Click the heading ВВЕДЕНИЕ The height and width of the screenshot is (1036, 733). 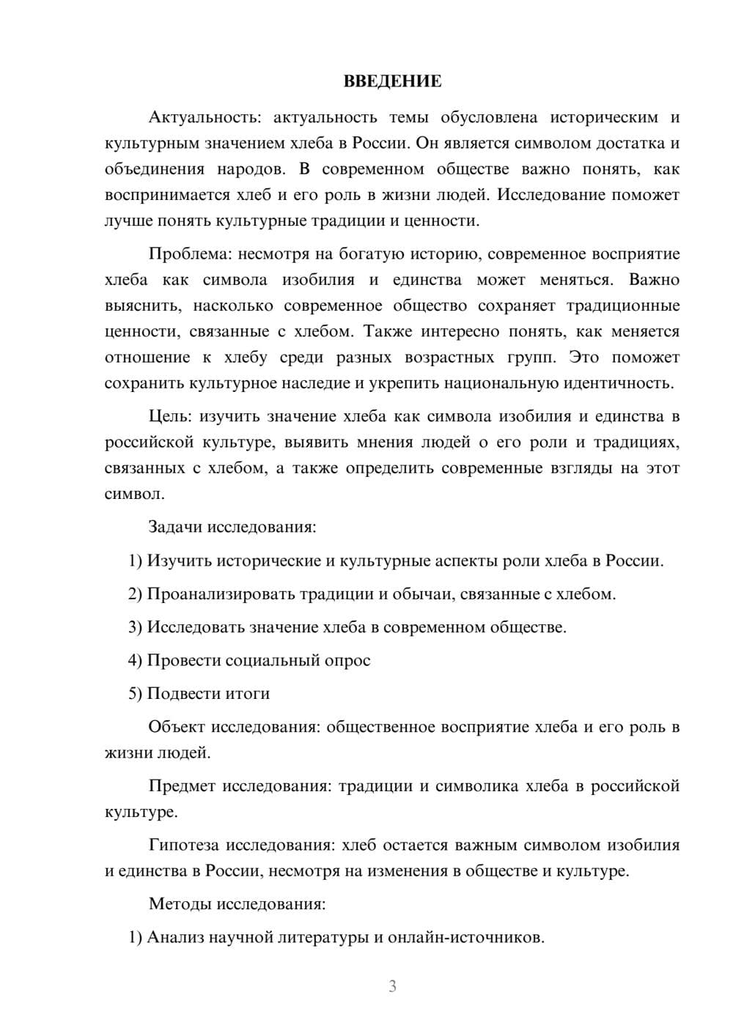pyautogui.click(x=392, y=81)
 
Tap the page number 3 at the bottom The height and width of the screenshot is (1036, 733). pyautogui.click(x=392, y=986)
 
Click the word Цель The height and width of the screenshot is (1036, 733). pyautogui.click(x=169, y=417)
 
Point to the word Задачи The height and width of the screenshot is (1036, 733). pyautogui.click(x=176, y=527)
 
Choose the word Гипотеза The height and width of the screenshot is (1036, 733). pyautogui.click(x=183, y=845)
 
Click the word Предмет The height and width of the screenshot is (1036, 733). pyautogui.click(x=182, y=786)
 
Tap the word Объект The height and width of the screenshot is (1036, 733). pyautogui.click(x=177, y=727)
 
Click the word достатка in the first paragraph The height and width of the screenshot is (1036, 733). pyautogui.click(x=616, y=143)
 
